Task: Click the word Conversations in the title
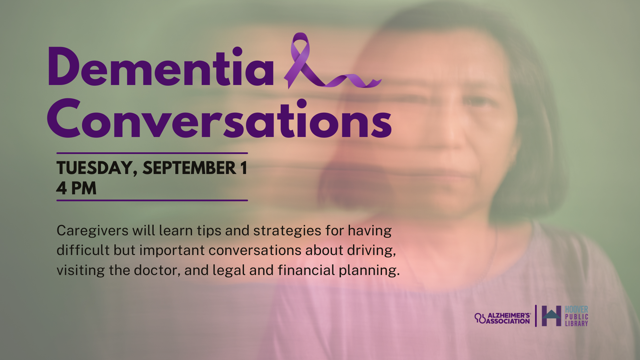[x=219, y=118]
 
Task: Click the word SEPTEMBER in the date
[x=189, y=168]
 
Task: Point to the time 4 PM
[x=76, y=188]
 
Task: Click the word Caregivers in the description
[x=92, y=231]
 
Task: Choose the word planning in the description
[x=369, y=271]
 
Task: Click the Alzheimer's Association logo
[x=503, y=318]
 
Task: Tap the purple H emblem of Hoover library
[x=551, y=316]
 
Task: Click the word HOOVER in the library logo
[x=576, y=309]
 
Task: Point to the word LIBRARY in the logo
[x=576, y=323]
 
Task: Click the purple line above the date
[x=152, y=153]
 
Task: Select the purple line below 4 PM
[x=152, y=200]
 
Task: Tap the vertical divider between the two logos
[x=536, y=316]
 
